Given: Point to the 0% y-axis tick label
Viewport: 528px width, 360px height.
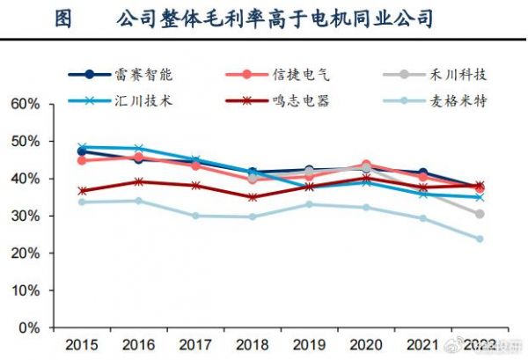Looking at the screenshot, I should click(30, 327).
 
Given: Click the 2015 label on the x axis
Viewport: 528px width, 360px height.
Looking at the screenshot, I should click(82, 342).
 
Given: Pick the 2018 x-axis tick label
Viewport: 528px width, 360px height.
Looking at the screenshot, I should click(253, 342).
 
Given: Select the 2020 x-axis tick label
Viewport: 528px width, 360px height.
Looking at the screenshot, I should click(366, 342).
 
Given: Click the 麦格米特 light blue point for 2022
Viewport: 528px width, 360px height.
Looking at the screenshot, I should click(480, 239).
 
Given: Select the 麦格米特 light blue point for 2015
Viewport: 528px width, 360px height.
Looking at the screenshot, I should click(82, 202).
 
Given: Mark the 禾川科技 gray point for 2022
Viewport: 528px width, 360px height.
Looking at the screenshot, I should click(480, 214).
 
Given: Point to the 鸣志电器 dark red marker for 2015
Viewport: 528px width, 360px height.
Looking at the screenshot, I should click(82, 190).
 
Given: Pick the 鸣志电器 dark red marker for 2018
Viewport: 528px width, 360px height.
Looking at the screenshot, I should click(253, 197).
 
